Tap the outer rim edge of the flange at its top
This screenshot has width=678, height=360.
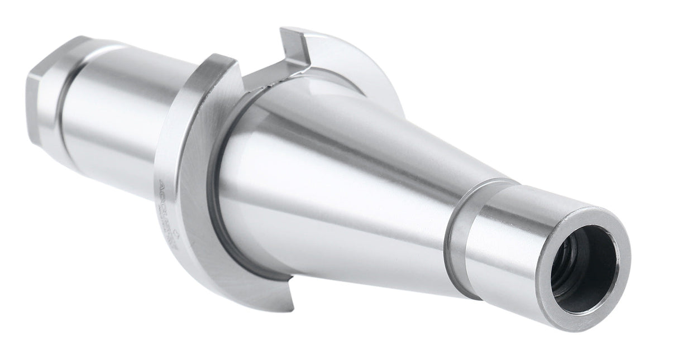click(x=218, y=59)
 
